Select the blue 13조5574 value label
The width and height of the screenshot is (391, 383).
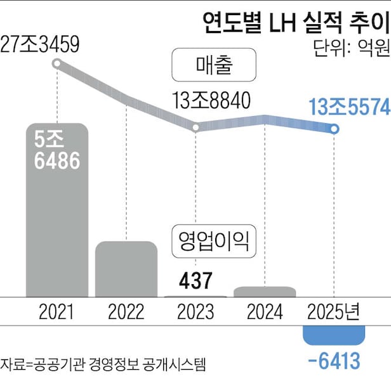coord(348,108)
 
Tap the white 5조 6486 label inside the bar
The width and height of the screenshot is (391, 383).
coord(56,151)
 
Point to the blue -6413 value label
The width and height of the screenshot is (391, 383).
coord(334,361)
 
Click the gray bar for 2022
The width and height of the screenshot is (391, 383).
coord(126,269)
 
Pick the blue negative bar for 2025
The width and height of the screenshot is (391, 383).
coord(334,335)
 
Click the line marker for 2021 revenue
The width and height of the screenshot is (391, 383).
coord(57,63)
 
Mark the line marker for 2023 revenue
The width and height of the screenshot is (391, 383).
coord(195,128)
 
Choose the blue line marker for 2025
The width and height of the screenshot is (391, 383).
coord(335,129)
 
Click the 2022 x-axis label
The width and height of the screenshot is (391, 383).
coord(126,312)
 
